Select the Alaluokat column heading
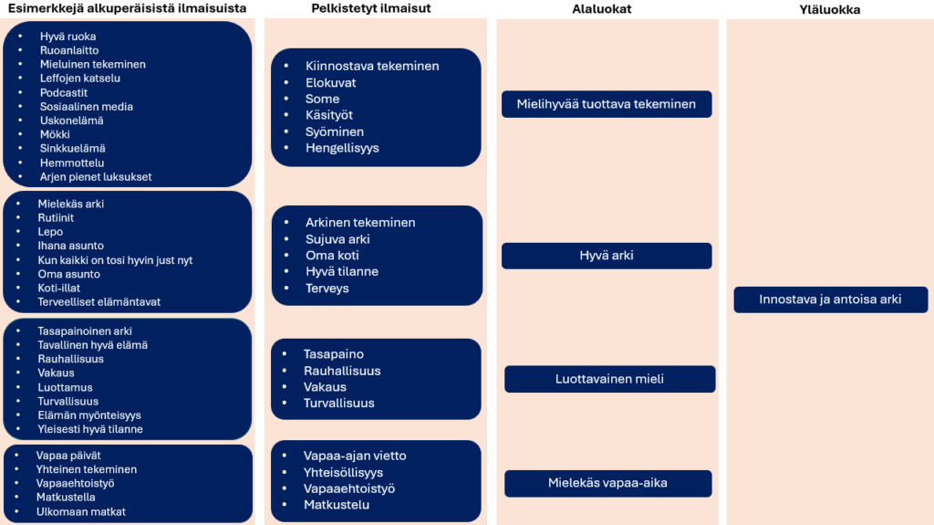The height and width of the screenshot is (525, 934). coord(602,9)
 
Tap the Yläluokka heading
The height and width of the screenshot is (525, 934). coord(829,10)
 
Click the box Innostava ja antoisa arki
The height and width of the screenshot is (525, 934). coord(830,299)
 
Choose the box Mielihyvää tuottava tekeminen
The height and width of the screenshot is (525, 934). coord(607,104)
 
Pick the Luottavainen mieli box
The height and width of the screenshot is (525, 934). coord(609,379)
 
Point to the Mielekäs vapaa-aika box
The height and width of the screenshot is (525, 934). coord(607,483)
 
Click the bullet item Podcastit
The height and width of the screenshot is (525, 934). coord(64,92)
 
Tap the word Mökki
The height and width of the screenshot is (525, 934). coord(55,134)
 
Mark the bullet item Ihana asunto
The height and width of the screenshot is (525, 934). coord(70,246)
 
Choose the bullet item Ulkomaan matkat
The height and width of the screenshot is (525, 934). coord(81,511)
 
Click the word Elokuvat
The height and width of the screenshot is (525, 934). coord(331,82)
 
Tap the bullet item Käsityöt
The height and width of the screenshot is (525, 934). coord(329,115)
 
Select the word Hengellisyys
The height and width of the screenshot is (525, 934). coord(342,148)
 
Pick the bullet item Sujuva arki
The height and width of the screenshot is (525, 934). coord(337,239)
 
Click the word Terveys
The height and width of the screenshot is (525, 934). coord(327,289)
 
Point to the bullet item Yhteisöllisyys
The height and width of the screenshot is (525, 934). coord(343,472)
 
